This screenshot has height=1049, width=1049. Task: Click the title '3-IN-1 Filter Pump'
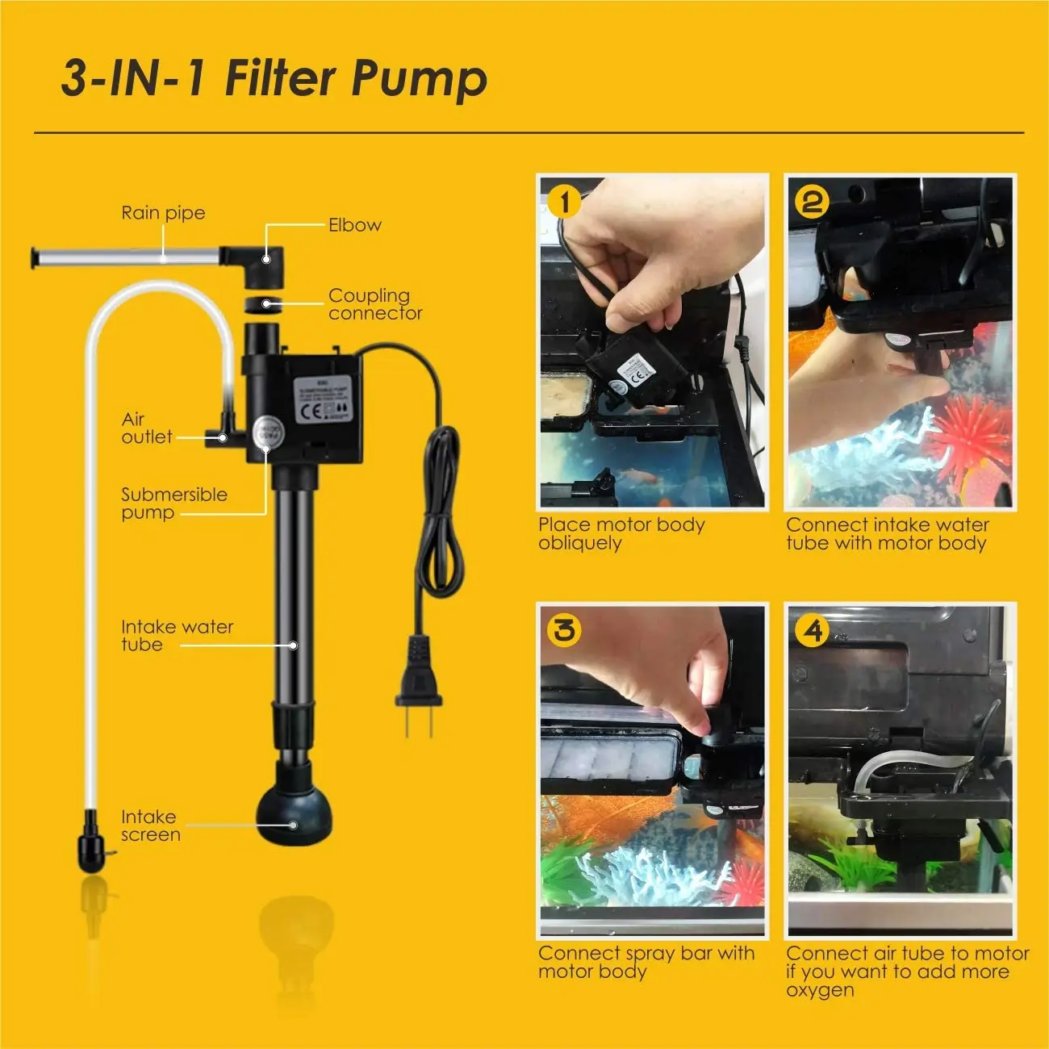[x=274, y=78]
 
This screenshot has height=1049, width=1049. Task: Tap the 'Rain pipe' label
[x=163, y=213]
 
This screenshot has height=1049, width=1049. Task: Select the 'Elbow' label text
[x=354, y=225]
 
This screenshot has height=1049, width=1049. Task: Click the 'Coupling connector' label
[x=374, y=304]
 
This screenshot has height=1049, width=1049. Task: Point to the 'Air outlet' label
[x=146, y=428]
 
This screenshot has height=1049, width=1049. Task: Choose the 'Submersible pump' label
[x=173, y=504]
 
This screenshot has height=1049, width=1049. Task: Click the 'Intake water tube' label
[x=177, y=635]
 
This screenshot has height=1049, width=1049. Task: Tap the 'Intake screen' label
[x=150, y=825]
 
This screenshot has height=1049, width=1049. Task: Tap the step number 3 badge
[x=564, y=629]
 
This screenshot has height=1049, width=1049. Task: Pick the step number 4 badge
[x=813, y=629]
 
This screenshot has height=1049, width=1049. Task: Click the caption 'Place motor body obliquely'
[x=621, y=533]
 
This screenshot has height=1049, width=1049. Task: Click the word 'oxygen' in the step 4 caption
[x=820, y=990]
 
